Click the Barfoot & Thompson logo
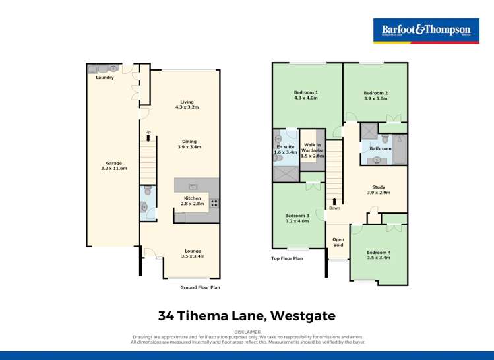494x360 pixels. [x=425, y=31]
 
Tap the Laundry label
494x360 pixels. [x=104, y=78]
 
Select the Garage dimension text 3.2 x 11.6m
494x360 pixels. [x=104, y=169]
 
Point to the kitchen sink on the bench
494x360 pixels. [x=193, y=186]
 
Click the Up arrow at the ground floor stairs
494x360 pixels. [x=148, y=137]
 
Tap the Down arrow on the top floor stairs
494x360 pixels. [x=334, y=202]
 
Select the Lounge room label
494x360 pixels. [x=193, y=251]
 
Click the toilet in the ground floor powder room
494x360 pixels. [x=148, y=191]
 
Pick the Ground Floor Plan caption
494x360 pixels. [x=200, y=288]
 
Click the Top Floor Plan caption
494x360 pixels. [x=287, y=258]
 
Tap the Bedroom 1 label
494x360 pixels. [x=306, y=92]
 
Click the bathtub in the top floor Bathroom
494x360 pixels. [x=399, y=148]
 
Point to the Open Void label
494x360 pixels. [x=338, y=242]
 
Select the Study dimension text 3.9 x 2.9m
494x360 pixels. [x=379, y=193]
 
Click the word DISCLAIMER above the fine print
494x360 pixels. [x=247, y=332]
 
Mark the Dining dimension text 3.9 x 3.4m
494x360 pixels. [x=189, y=147]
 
